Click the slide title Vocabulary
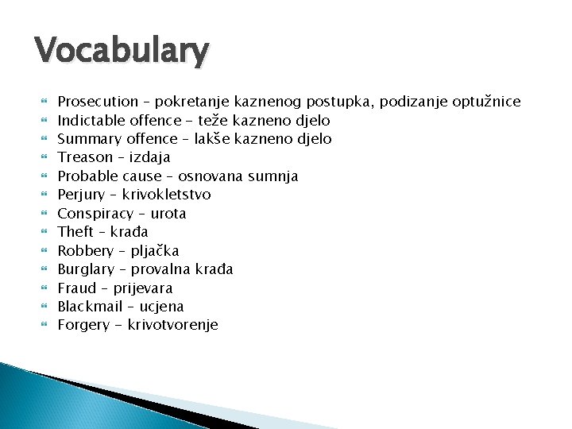tap(122, 52)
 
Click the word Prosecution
tap(98, 102)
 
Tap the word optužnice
tap(486, 102)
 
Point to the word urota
tap(168, 214)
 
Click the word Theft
tap(75, 232)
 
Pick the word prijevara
tap(144, 288)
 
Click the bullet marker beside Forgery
tap(44, 325)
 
